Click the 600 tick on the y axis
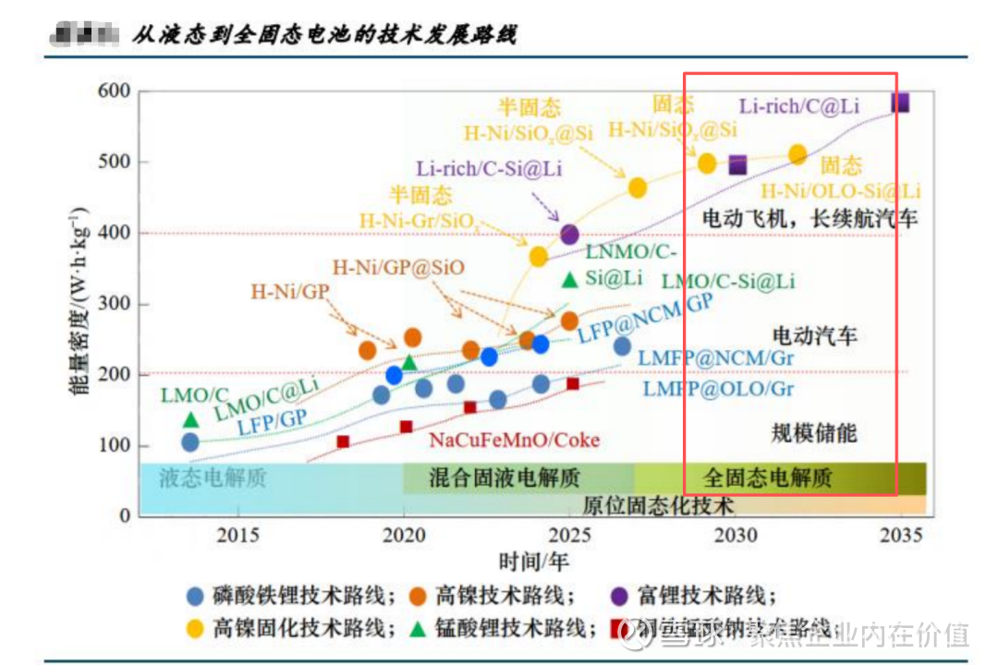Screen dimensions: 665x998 tap(118, 91)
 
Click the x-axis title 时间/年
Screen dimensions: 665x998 tap(534, 561)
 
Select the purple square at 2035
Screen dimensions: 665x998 tap(900, 103)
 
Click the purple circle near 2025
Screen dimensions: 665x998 tap(569, 235)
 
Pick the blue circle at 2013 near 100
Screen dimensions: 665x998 tap(190, 442)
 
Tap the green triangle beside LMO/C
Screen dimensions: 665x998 tap(190, 420)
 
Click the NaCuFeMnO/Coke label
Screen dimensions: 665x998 tap(515, 440)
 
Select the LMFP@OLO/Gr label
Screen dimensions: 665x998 tap(718, 389)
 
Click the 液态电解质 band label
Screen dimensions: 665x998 tap(213, 478)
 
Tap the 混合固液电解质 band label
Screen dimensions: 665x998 tap(505, 478)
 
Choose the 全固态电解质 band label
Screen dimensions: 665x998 tap(767, 478)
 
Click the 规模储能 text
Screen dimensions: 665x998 tap(814, 432)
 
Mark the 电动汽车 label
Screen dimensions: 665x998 tap(814, 334)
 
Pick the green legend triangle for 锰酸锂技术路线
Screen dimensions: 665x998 tap(418, 629)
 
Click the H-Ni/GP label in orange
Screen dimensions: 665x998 tap(290, 293)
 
